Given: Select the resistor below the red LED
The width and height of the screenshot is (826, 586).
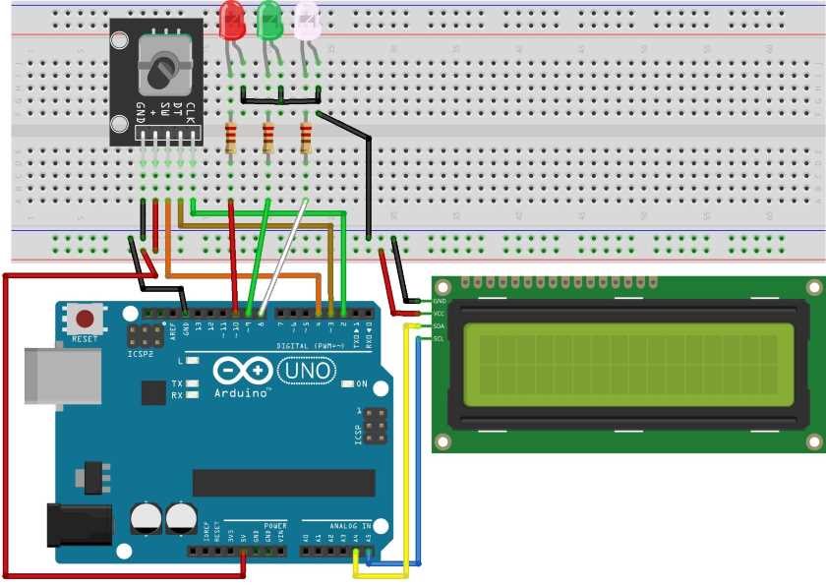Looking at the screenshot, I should point(231,139).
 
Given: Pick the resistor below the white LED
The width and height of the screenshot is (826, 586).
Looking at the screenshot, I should point(305,139).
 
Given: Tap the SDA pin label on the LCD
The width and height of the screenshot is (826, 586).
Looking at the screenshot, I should point(440,325).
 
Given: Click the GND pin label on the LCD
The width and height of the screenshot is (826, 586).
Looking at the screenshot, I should point(440,301).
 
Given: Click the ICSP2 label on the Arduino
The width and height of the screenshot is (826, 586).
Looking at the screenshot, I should point(140,353).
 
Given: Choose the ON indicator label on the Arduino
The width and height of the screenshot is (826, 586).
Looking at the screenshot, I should point(361,383).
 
